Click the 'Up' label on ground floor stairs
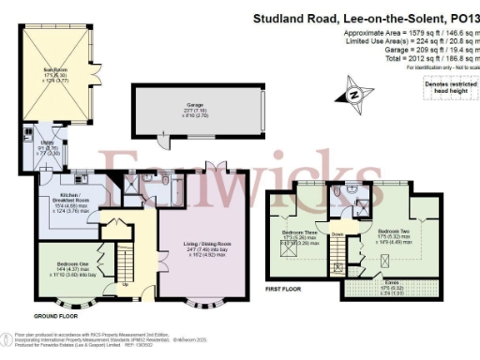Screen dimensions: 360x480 coord(126,284)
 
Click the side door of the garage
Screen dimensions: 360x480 coord(160,141)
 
